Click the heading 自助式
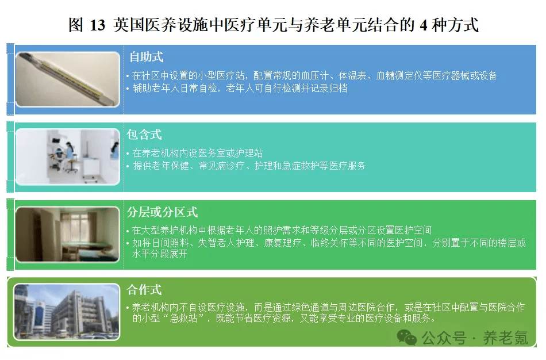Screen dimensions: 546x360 [146, 57]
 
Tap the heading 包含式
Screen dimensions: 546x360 [144, 134]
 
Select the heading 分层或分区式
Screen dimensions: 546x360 [162, 212]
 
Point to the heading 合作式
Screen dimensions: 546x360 [144, 290]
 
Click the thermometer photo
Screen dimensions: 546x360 [68, 79]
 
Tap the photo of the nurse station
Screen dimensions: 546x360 [68, 157]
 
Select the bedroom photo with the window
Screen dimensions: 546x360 [68, 234]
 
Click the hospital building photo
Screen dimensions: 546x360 [67, 312]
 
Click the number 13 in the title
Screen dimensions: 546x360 [98, 25]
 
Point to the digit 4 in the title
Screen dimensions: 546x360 [424, 25]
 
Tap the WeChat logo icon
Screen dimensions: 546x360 [407, 337]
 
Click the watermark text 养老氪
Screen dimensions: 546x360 [505, 338]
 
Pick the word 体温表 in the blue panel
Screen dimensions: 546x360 [352, 75]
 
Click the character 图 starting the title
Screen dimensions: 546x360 [76, 25]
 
